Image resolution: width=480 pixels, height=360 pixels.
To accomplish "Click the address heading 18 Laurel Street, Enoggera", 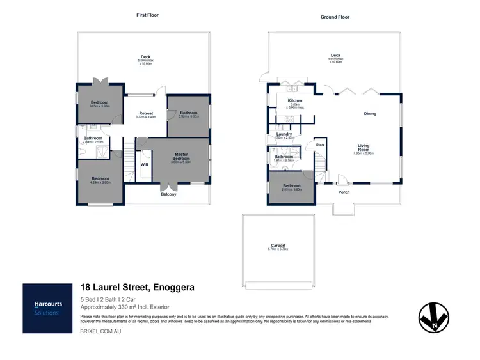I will tap(137, 288).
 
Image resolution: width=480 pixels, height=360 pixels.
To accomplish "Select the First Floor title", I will tap(147, 15).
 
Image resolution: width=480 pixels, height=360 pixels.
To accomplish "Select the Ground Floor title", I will tap(335, 17).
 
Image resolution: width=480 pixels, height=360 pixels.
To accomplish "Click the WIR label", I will tap(145, 164).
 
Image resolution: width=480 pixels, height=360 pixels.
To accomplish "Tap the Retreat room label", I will tap(145, 114).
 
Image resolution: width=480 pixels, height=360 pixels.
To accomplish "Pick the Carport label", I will tap(278, 246).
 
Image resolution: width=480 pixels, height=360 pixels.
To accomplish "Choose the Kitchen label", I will tap(294, 101).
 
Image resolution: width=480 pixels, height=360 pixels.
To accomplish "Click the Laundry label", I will tap(285, 134).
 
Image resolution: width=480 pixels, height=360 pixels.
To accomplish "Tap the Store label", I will tap(321, 145).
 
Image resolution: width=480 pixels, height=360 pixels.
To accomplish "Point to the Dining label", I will tap(370, 114).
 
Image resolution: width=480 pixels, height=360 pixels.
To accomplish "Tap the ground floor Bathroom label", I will tap(284, 157).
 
